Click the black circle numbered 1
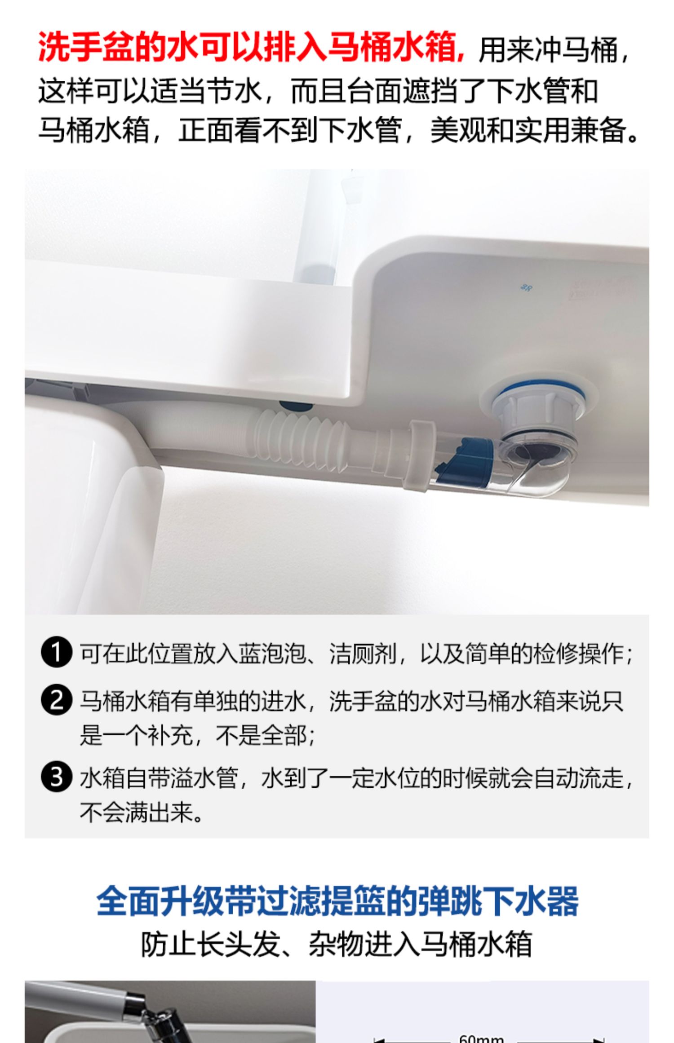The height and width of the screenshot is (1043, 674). (x=56, y=653)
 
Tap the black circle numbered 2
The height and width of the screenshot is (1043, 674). (x=56, y=700)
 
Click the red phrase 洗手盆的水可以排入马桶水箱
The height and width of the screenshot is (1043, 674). (x=251, y=47)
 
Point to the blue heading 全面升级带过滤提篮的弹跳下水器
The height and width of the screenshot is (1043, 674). (x=337, y=901)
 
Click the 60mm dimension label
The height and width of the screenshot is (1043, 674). (x=482, y=1038)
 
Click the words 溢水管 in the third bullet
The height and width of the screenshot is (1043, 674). (x=204, y=778)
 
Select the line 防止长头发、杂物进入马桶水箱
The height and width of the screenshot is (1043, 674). (x=337, y=945)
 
